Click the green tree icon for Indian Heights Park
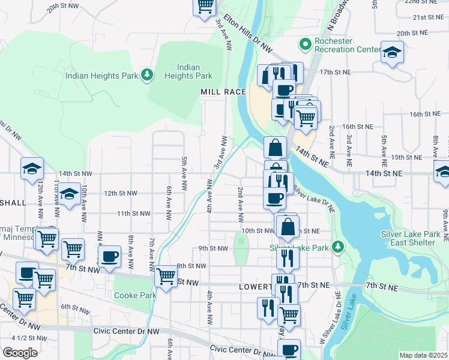[147, 75]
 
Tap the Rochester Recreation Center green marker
[305, 44]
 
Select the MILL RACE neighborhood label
[223, 91]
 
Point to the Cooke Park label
[136, 295]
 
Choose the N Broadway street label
[338, 16]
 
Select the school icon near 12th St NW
[69, 194]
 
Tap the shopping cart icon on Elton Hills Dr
[204, 5]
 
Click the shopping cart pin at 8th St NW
[166, 276]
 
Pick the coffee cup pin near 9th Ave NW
[109, 257]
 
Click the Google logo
[20, 353]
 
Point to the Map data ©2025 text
[423, 355]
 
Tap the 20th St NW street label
[63, 5]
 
